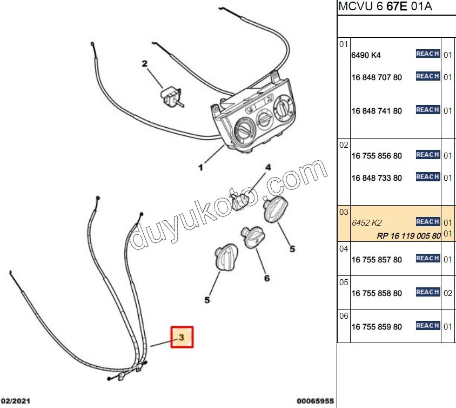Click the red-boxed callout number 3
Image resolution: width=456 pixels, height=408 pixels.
coord(182,337)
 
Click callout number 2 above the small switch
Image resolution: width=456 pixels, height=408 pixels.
coord(145,64)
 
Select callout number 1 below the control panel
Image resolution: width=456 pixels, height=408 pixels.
coord(200,168)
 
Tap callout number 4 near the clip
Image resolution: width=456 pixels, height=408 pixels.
coord(268,168)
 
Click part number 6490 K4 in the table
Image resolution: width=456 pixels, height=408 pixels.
coord(366,55)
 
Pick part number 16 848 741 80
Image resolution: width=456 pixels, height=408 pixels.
coord(377,111)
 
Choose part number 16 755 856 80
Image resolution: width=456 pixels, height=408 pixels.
coord(377,156)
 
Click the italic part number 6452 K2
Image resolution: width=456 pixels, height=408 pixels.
coord(366,222)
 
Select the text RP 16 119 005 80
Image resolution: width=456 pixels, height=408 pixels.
coord(408,235)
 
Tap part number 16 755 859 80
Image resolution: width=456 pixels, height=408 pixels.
coord(377,327)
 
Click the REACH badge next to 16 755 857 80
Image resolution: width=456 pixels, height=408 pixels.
coord(427,259)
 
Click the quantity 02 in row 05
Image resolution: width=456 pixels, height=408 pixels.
coord(448,293)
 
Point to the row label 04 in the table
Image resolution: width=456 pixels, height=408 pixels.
coord(344,249)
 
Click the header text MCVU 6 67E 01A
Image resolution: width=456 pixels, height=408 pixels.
coord(386,7)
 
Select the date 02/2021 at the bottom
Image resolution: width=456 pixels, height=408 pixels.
coord(16,401)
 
